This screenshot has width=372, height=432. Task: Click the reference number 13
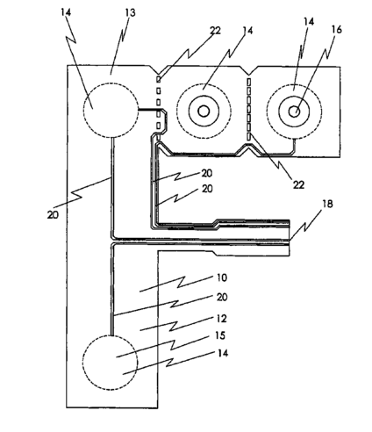(x=130, y=13)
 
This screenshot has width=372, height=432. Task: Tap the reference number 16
(x=337, y=29)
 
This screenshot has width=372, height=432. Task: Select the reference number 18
(x=327, y=204)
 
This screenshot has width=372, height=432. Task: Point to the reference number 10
(x=222, y=277)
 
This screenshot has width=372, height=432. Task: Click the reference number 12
(x=222, y=319)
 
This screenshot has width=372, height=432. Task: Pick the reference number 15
(x=220, y=335)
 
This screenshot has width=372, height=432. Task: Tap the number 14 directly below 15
(x=223, y=353)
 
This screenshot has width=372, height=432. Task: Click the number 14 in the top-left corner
(x=66, y=12)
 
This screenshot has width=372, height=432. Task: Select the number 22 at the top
(x=215, y=31)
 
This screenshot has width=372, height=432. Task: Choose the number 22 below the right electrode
(x=298, y=184)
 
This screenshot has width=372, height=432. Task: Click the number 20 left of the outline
(x=53, y=215)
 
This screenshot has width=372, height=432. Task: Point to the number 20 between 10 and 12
(x=222, y=297)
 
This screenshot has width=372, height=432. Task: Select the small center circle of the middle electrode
(x=204, y=112)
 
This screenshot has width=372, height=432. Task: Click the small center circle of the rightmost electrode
(x=294, y=112)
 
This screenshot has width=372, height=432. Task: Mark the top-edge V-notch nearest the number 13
(x=158, y=71)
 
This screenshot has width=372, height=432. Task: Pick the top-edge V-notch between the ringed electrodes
(x=248, y=71)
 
